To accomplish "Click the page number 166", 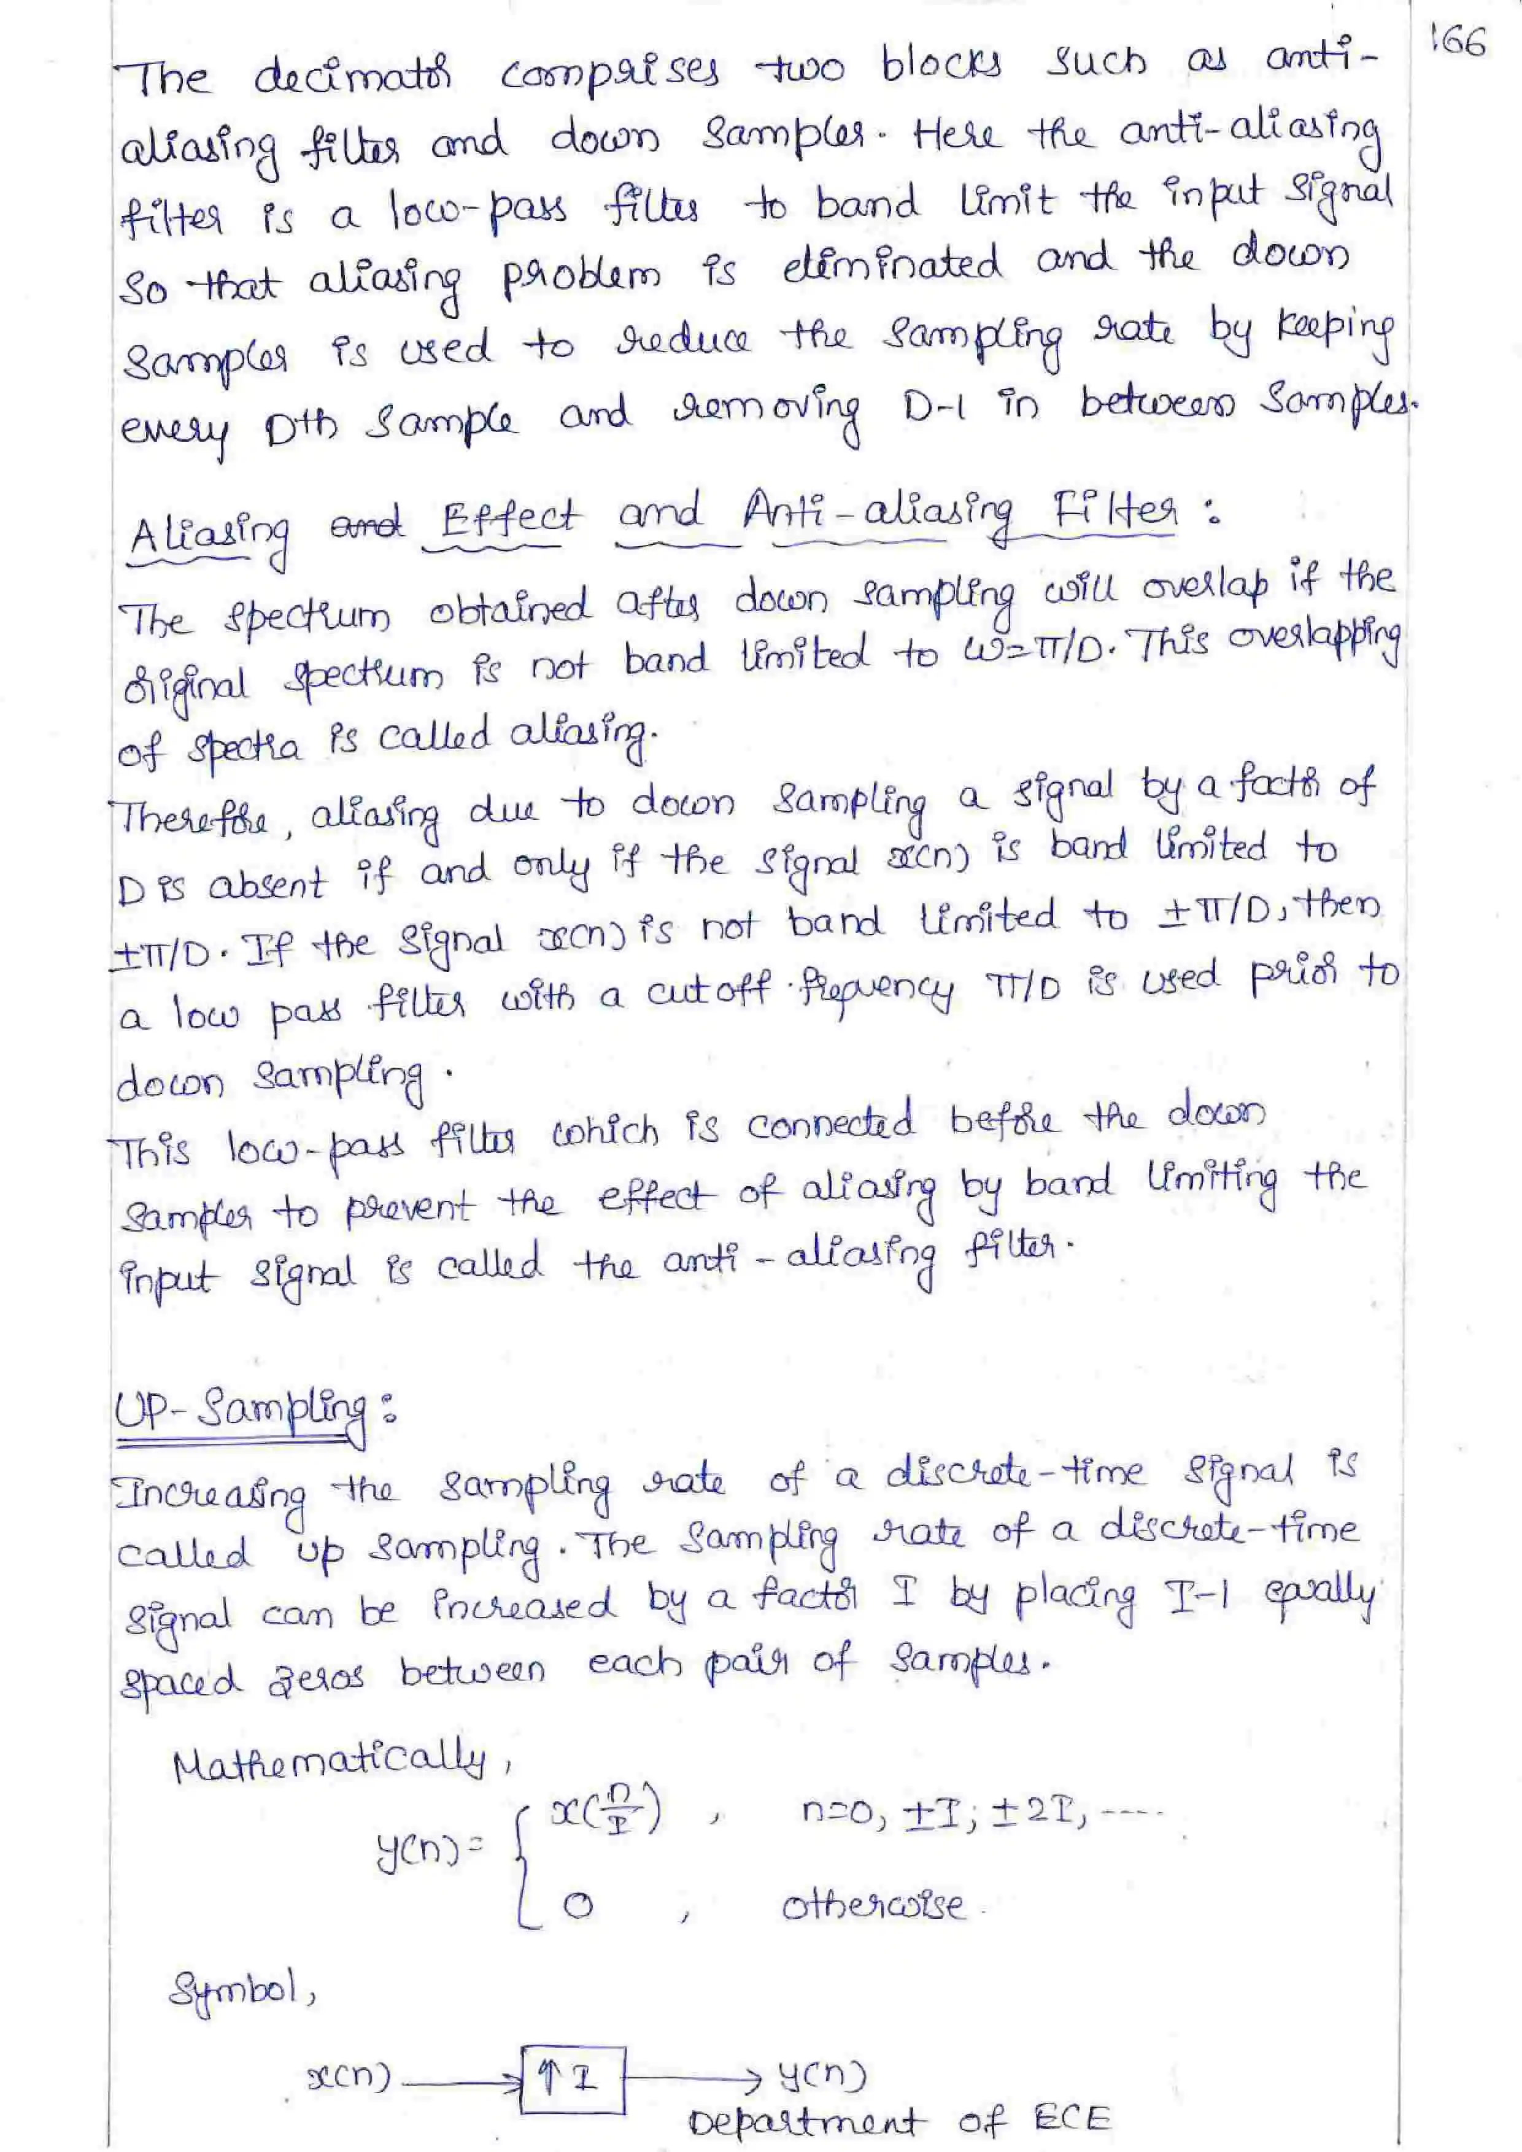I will (1458, 42).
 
